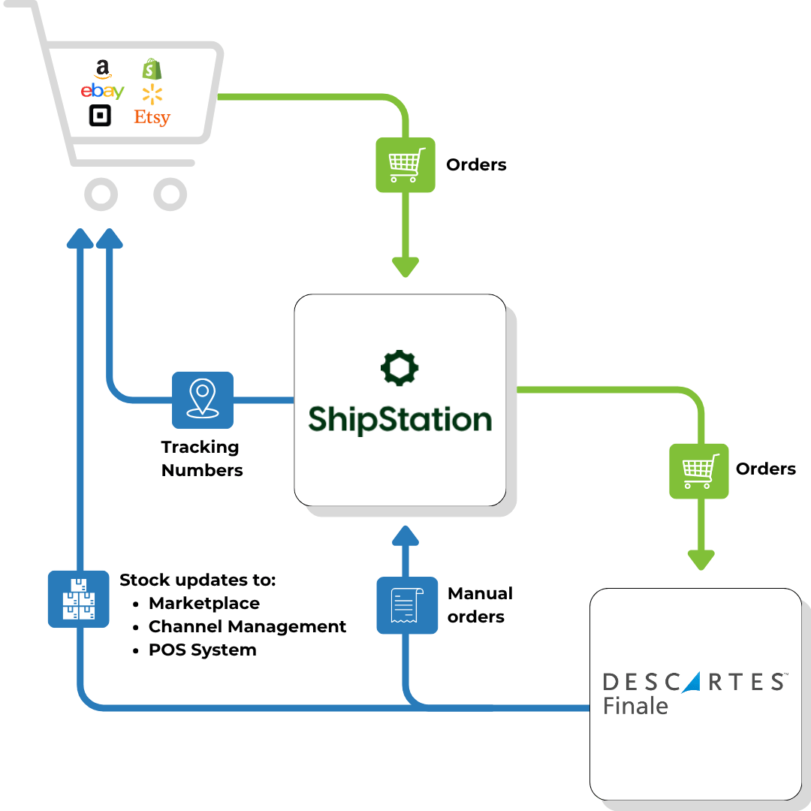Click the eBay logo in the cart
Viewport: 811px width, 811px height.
(x=102, y=92)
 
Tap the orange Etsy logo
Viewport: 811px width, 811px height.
(x=152, y=117)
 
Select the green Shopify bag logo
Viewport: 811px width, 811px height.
(x=152, y=70)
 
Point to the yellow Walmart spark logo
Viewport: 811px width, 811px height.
(x=152, y=94)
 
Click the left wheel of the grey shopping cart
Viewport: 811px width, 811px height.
(x=101, y=194)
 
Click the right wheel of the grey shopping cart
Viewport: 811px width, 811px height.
(x=170, y=194)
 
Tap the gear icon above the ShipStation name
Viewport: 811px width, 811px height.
(x=399, y=368)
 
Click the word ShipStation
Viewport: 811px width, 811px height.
(x=399, y=419)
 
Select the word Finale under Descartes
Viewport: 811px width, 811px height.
(x=635, y=707)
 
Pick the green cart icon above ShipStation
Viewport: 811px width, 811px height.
(x=405, y=164)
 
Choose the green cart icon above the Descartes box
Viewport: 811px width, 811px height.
(x=699, y=471)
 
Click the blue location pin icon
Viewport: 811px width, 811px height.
(x=203, y=399)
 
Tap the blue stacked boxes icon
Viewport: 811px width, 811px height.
(x=79, y=598)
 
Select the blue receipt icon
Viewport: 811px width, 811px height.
(x=407, y=605)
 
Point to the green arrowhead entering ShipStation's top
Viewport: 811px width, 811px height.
(x=405, y=266)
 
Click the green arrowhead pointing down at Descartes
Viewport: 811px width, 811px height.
(x=701, y=559)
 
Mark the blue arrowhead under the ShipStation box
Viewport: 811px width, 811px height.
(x=405, y=535)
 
